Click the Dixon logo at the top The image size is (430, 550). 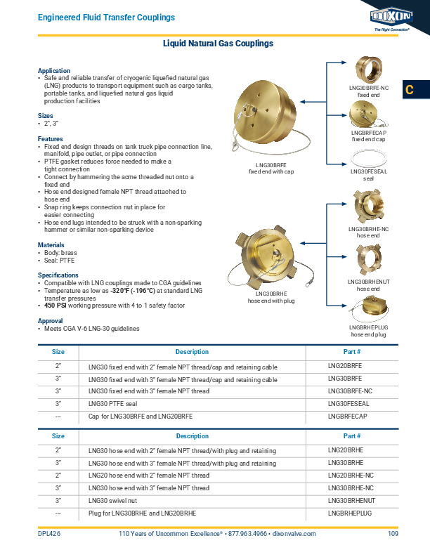(391, 17)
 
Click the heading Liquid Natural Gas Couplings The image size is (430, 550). (218, 44)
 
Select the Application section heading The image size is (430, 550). (53, 71)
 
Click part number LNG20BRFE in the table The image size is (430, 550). (345, 367)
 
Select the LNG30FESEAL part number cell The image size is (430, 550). (349, 404)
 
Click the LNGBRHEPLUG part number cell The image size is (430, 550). (349, 512)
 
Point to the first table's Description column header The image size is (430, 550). (192, 352)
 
